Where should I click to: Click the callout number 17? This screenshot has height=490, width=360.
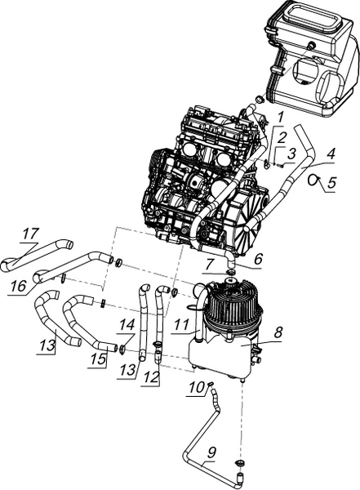point(31,234)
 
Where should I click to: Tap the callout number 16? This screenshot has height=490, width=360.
point(17,286)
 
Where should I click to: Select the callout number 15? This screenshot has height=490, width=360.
point(98,359)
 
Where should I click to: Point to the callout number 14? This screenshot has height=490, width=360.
point(128,325)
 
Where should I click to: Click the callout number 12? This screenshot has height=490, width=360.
point(152,377)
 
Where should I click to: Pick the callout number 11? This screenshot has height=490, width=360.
point(181,325)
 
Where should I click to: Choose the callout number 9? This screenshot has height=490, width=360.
point(211,452)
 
